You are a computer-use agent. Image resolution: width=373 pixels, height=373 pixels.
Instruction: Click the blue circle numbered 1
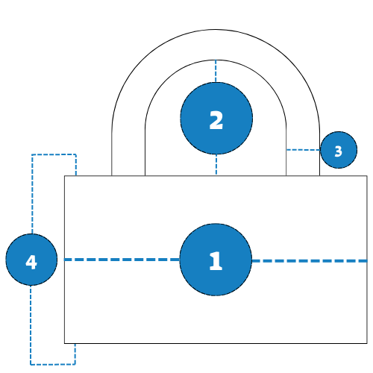(216, 260)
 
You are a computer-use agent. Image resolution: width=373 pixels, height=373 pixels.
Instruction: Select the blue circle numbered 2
(216, 119)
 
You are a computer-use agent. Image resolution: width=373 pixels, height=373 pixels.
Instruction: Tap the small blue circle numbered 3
(339, 150)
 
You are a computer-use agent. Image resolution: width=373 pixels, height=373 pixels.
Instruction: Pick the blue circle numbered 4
(31, 260)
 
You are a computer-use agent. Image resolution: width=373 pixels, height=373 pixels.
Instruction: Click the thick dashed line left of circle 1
(122, 260)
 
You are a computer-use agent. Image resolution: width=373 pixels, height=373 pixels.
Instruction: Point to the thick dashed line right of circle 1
(310, 261)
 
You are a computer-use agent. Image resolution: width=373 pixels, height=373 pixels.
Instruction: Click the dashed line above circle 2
(216, 71)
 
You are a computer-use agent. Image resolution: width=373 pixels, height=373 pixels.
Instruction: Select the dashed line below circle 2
(216, 165)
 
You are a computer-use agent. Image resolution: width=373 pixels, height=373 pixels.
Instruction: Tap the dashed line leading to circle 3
(304, 150)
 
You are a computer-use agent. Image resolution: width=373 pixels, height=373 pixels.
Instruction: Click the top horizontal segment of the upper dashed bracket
(54, 154)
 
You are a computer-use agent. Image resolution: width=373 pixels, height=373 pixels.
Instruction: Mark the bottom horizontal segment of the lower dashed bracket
(53, 365)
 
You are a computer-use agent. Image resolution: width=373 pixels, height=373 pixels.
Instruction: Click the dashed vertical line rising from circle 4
(32, 194)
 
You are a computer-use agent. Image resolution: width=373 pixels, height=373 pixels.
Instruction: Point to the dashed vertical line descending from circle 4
(31, 325)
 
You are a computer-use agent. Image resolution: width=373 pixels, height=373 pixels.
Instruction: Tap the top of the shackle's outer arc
(216, 30)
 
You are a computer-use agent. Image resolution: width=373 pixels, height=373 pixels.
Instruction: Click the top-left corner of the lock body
(65, 176)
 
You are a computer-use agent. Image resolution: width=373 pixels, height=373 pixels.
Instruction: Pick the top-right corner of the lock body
(367, 176)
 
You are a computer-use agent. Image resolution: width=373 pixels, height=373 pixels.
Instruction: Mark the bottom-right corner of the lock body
(367, 343)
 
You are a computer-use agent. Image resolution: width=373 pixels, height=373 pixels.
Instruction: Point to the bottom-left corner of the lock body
(65, 343)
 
